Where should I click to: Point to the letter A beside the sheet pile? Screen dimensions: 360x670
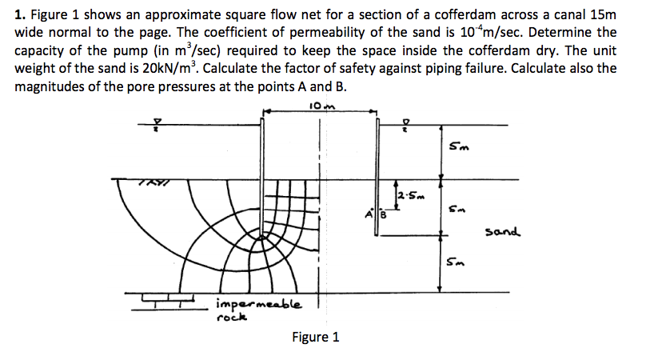point(371,214)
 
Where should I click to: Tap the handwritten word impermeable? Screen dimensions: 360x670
point(259,304)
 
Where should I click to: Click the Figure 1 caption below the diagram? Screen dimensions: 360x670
point(316,337)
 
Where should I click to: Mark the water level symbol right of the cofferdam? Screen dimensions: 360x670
point(407,123)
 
